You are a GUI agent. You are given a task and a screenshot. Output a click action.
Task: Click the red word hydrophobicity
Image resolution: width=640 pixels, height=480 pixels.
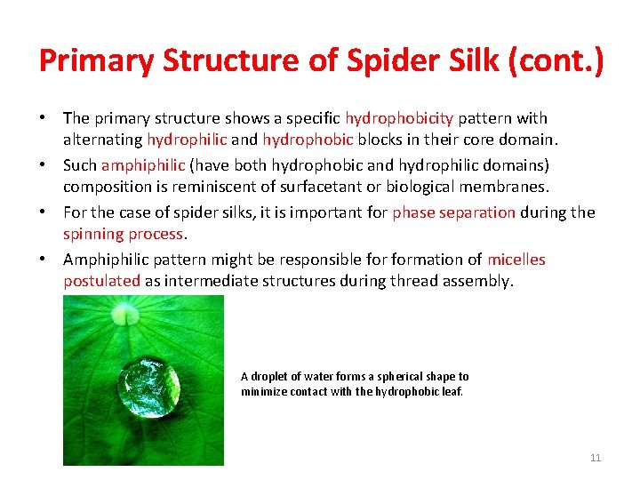pyautogui.click(x=399, y=118)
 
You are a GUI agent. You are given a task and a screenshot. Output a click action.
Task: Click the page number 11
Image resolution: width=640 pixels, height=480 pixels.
pyautogui.click(x=596, y=458)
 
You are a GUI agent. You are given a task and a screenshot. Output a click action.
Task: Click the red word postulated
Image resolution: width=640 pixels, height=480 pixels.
pyautogui.click(x=101, y=281)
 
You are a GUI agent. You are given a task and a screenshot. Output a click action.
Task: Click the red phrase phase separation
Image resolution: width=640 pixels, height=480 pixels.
pyautogui.click(x=453, y=212)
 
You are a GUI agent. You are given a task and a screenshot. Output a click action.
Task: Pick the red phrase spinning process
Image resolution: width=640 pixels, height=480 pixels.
pyautogui.click(x=123, y=234)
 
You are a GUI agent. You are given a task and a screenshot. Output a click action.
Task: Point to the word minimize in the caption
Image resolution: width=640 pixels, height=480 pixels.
pyautogui.click(x=262, y=391)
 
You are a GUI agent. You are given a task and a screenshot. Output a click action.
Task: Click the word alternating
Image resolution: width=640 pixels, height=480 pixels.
pyautogui.click(x=102, y=140)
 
